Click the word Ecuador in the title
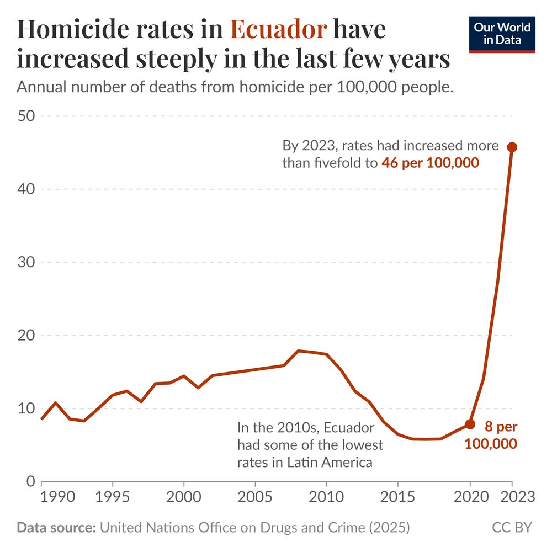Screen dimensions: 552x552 (279, 30)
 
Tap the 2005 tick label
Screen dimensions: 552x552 (255, 497)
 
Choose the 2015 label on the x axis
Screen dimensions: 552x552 (397, 497)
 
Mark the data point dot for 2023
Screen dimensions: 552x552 (512, 147)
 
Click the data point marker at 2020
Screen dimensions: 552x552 (470, 424)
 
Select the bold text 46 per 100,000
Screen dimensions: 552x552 (429, 163)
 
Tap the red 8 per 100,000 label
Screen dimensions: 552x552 (491, 435)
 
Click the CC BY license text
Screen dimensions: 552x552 (512, 528)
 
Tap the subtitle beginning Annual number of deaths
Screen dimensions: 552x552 (235, 87)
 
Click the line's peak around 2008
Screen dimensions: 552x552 (299, 351)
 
